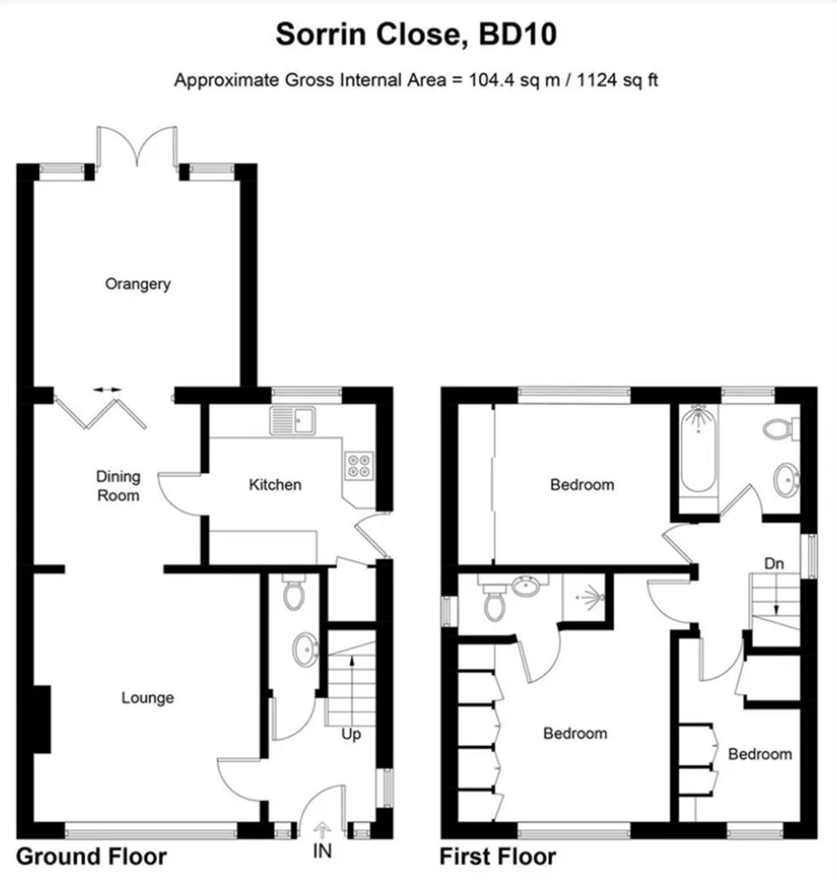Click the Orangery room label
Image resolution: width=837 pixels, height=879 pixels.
pyautogui.click(x=138, y=284)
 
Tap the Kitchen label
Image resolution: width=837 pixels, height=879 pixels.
pyautogui.click(x=274, y=484)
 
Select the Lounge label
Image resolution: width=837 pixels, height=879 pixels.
pyautogui.click(x=147, y=698)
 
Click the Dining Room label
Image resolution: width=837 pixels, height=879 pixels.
pyautogui.click(x=118, y=486)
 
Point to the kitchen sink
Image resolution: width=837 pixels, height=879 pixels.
pyautogui.click(x=292, y=421)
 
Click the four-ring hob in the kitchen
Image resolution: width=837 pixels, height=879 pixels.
pyautogui.click(x=359, y=466)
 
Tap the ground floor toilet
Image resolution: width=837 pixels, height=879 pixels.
pyautogui.click(x=294, y=592)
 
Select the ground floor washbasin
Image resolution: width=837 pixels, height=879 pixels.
pyautogui.click(x=306, y=649)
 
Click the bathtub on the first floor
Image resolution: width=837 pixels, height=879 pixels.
pyautogui.click(x=699, y=448)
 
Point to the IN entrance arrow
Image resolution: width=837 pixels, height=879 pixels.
pyautogui.click(x=322, y=829)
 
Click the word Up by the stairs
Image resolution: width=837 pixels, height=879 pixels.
pyautogui.click(x=351, y=734)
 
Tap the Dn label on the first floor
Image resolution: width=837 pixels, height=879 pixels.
pyautogui.click(x=773, y=563)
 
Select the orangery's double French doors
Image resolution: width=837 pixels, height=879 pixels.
pyautogui.click(x=138, y=146)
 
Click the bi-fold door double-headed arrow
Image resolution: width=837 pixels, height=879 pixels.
pyautogui.click(x=107, y=390)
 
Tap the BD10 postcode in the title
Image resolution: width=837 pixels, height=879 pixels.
pyautogui.click(x=518, y=34)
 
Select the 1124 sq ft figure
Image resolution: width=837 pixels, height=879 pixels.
pyautogui.click(x=617, y=80)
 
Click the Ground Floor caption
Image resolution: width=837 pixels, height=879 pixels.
pyautogui.click(x=91, y=856)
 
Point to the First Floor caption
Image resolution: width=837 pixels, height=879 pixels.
pyautogui.click(x=497, y=856)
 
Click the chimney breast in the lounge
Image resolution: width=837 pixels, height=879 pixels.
pyautogui.click(x=42, y=719)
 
